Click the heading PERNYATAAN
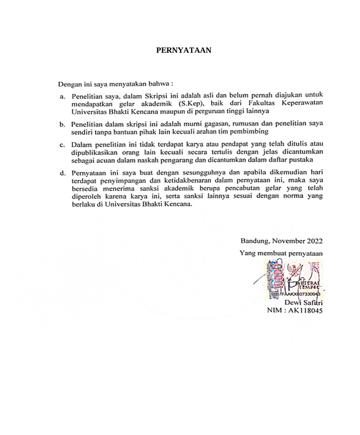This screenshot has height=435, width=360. [183, 50]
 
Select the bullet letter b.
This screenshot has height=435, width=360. [63, 125]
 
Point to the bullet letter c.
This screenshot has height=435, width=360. [63, 144]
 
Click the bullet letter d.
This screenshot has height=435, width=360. [63, 173]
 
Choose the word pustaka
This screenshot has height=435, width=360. [301, 160]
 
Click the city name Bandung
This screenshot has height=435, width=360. [254, 241]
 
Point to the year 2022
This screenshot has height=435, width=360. [312, 241]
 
